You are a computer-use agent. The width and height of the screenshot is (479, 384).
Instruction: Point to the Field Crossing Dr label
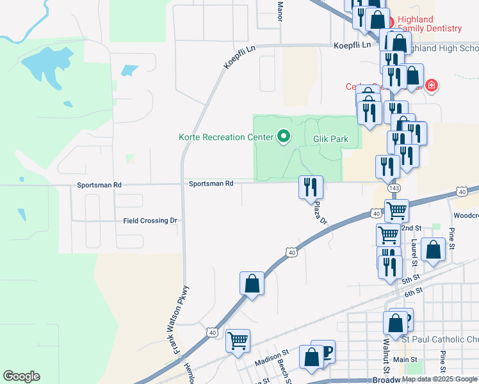point(150,220)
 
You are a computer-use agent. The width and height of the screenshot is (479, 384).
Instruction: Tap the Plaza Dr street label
point(321,212)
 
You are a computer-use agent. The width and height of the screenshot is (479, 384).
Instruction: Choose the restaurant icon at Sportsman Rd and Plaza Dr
point(311,188)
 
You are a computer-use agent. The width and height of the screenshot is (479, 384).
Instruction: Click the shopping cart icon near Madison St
point(238,340)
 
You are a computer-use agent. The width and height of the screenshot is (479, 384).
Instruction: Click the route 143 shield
point(394,188)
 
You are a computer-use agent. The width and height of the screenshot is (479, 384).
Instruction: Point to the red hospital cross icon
point(432,85)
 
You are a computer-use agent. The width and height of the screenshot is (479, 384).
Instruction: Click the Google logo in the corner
point(21,376)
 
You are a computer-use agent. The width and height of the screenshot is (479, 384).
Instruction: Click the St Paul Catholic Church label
point(439,338)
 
